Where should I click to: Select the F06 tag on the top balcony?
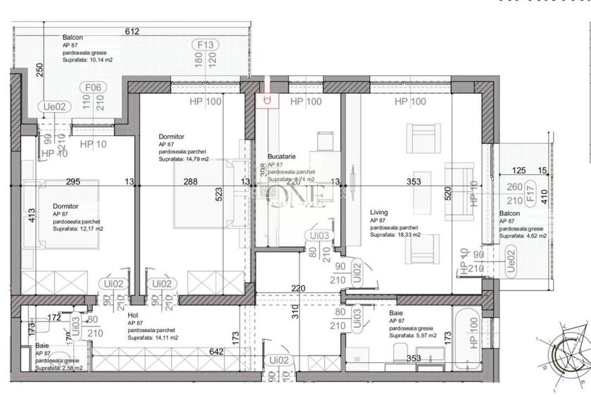point(92,87)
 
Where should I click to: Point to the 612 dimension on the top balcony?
point(132,31)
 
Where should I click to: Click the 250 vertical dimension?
point(40,71)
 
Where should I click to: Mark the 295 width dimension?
point(73,182)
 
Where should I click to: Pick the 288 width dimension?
point(191,182)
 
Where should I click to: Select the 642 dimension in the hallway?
point(215,352)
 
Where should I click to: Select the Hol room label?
point(133,316)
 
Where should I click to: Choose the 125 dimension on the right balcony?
point(519,170)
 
